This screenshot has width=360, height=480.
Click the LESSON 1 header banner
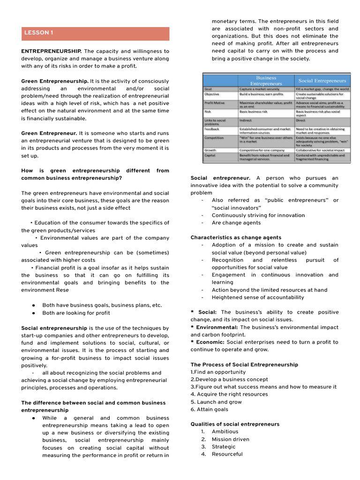click(x=95, y=33)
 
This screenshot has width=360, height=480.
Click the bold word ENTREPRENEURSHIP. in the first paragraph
click(x=52, y=51)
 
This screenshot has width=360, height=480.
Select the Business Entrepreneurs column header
click(x=266, y=80)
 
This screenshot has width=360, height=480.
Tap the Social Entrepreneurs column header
click(x=322, y=81)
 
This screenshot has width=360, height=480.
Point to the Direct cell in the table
click(x=300, y=120)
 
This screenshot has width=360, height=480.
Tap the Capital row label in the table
click(x=210, y=155)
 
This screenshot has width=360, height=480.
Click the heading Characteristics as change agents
click(x=236, y=238)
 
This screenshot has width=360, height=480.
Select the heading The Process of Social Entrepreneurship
click(x=244, y=365)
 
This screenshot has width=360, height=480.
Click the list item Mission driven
click(x=230, y=439)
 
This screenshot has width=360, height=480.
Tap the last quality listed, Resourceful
click(x=227, y=454)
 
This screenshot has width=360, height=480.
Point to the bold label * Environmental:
click(x=214, y=327)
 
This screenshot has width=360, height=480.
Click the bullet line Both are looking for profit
click(x=76, y=313)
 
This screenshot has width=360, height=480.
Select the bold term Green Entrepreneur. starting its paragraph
click(x=49, y=133)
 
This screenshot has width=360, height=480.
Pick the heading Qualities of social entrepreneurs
click(x=235, y=424)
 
